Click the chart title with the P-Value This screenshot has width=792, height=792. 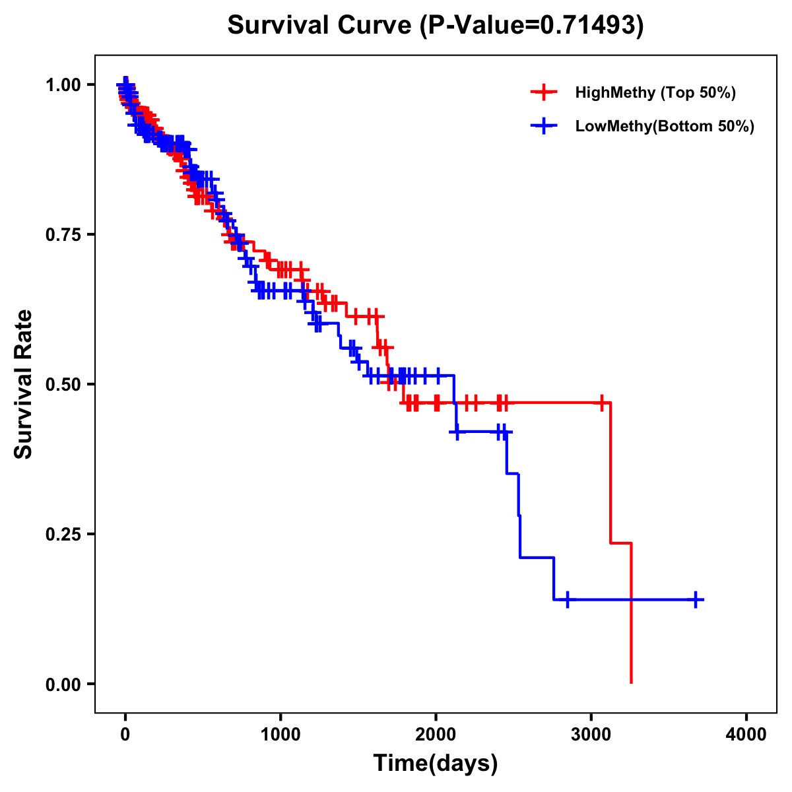435,25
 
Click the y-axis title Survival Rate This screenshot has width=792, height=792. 24,383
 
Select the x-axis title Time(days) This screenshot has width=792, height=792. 435,763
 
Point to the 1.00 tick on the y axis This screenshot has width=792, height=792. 65,84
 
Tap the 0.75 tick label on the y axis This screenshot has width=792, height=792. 65,234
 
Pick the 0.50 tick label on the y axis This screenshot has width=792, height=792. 65,384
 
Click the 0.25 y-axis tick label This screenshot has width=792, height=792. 65,534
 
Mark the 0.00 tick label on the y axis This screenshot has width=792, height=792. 65,684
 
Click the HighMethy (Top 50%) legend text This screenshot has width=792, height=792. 655,92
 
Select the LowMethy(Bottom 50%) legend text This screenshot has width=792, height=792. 665,126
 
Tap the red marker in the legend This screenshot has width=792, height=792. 543,92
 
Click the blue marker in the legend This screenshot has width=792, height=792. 543,126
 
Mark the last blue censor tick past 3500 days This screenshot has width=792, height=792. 696,599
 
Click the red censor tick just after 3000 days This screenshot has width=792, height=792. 602,402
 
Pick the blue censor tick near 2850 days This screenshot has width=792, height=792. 567,599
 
